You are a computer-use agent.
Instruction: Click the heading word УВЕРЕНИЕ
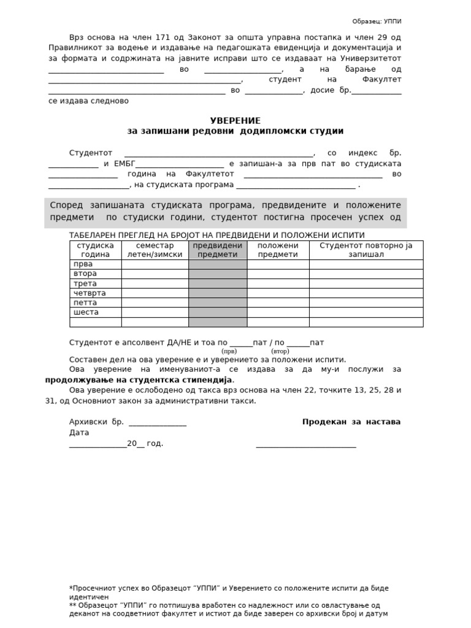pyautogui.click(x=235, y=121)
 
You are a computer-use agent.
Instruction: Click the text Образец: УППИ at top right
pyautogui.click(x=377, y=21)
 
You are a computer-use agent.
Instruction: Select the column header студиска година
pyautogui.click(x=95, y=250)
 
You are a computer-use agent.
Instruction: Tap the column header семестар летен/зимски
pyautogui.click(x=155, y=250)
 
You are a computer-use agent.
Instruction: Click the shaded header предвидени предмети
pyautogui.click(x=218, y=250)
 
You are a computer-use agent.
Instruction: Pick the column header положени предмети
pyautogui.click(x=278, y=250)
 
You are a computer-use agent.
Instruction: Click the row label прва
pyautogui.click(x=83, y=264)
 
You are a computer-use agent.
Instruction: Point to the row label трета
pyautogui.click(x=85, y=283)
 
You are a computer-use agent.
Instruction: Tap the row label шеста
pyautogui.click(x=86, y=312)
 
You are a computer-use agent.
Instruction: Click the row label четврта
pyautogui.click(x=89, y=293)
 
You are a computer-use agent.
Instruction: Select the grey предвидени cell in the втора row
pyautogui.click(x=218, y=274)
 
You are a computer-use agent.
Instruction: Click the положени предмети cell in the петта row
pyautogui.click(x=278, y=303)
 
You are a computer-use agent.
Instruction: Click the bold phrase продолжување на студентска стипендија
pyautogui.click(x=139, y=380)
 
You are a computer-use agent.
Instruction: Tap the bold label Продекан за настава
pyautogui.click(x=351, y=422)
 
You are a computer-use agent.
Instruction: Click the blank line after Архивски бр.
pyautogui.click(x=158, y=423)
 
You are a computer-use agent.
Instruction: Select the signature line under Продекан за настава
pyautogui.click(x=305, y=445)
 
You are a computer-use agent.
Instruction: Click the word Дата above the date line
pyautogui.click(x=79, y=432)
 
